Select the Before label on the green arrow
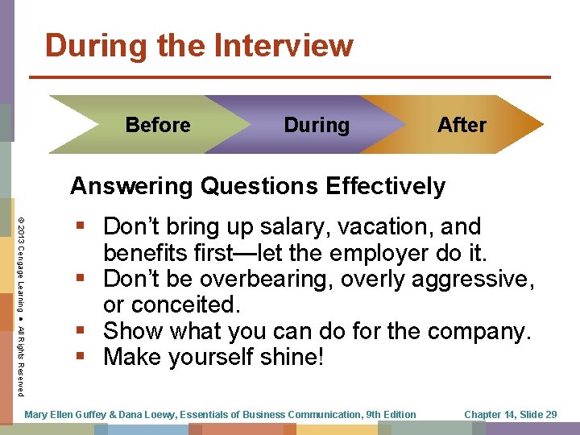click(x=158, y=125)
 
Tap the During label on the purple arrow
click(x=317, y=125)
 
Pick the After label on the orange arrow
click(x=462, y=125)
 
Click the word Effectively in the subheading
click(x=385, y=186)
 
